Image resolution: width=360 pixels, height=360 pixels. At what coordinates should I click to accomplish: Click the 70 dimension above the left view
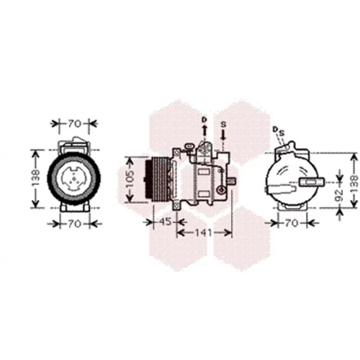coord(74,124)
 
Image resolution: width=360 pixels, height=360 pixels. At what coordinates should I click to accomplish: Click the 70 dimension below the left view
coord(74,224)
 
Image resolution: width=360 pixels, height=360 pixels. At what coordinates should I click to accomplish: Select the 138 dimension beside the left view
coord(36,178)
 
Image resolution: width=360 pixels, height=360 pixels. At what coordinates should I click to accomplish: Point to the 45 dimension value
coord(165,222)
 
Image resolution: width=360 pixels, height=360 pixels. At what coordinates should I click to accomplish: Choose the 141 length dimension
coord(203,233)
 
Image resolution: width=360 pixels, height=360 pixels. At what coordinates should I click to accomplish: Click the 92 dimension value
coord(339,195)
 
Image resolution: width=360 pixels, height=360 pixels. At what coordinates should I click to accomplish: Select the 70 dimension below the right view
coord(292,223)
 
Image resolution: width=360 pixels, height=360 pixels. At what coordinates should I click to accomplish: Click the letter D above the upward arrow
coord(204,120)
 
